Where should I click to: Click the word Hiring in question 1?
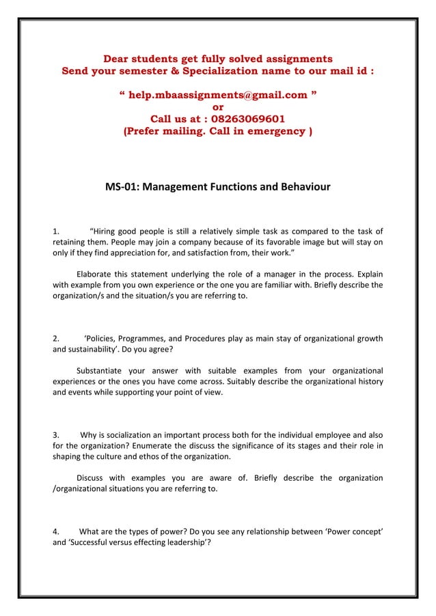[x=106, y=230]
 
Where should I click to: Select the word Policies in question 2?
[x=103, y=337]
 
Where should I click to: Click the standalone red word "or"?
[x=218, y=107]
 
